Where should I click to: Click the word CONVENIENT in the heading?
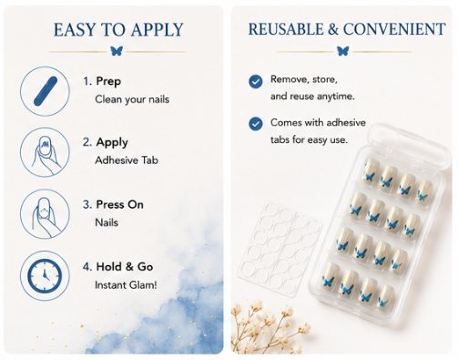coord(394,29)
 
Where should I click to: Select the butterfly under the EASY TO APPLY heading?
coord(117,51)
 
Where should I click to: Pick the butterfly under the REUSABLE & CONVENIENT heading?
coord(343,51)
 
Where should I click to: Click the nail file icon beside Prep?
coord(45,91)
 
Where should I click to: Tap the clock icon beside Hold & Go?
coord(45,275)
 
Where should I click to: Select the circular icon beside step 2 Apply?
coord(45,152)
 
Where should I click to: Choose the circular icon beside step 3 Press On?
coord(45,213)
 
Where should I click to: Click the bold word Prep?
coord(108,81)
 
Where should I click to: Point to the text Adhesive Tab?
coord(127,160)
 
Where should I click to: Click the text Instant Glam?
coord(126,285)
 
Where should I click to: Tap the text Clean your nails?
coord(132,99)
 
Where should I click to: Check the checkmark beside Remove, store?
coord(256,81)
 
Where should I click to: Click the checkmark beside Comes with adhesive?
coord(256,124)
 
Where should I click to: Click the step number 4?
coord(87,267)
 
